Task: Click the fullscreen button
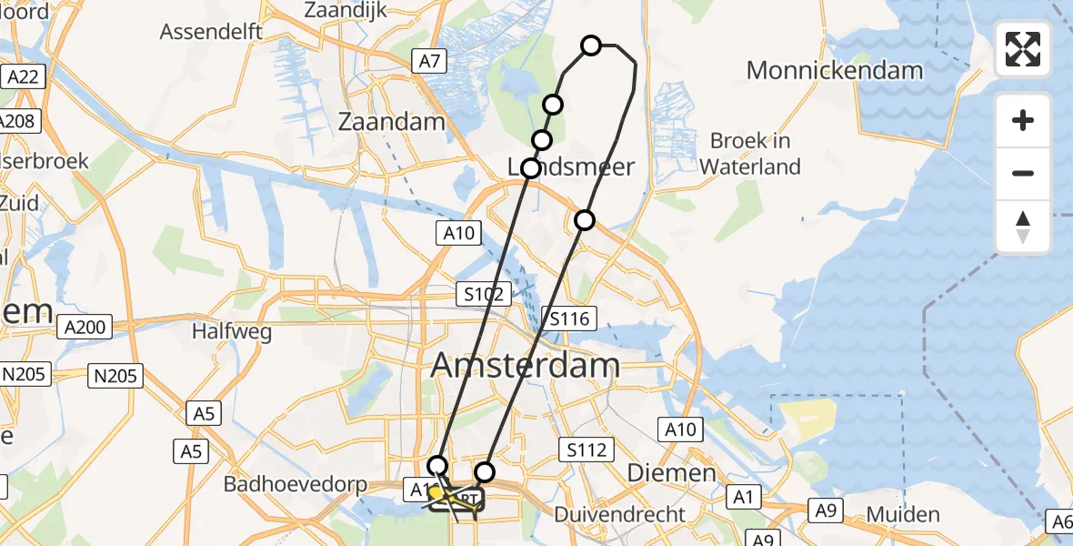tap(1023, 49)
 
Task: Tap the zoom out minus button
tap(1023, 174)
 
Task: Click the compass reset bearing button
tap(1023, 227)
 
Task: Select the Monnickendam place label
tap(834, 70)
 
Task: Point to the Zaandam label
tap(391, 121)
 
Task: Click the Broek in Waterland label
tap(750, 154)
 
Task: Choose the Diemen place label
tap(672, 473)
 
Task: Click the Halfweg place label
tap(231, 332)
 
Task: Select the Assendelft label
tap(211, 32)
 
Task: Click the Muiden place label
tap(902, 515)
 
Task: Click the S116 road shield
tap(570, 318)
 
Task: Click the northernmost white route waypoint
tap(591, 45)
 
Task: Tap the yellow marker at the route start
tap(436, 494)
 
